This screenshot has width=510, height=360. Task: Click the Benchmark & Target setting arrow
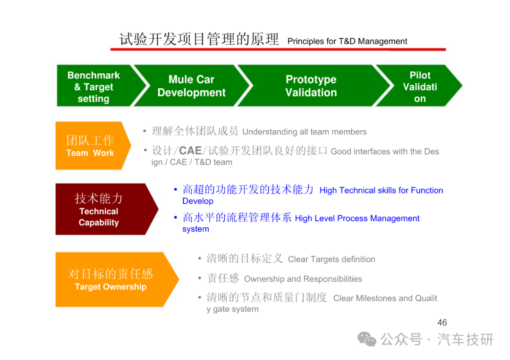[x=98, y=86]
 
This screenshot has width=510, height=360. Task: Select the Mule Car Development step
[x=192, y=86]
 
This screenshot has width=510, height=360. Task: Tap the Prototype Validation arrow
[x=312, y=86]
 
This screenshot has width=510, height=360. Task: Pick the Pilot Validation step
[x=420, y=86]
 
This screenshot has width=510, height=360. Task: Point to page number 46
[x=442, y=322]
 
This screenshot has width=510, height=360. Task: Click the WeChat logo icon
[x=367, y=340]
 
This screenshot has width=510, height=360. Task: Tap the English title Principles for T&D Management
[x=347, y=41]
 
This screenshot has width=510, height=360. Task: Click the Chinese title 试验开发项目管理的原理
[x=199, y=39]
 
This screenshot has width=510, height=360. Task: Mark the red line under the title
[x=278, y=50]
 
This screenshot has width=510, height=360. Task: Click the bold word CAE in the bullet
[x=190, y=151]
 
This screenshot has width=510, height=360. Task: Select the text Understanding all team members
[x=305, y=132]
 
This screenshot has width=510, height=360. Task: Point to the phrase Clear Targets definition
[x=331, y=260]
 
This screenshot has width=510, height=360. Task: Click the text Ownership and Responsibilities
[x=303, y=279]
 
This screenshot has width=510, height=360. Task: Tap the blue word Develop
[x=198, y=201]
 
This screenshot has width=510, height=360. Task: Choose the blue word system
[x=195, y=229]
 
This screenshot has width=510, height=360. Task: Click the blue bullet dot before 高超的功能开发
[x=176, y=189]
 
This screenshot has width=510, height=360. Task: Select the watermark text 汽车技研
[x=465, y=340]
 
